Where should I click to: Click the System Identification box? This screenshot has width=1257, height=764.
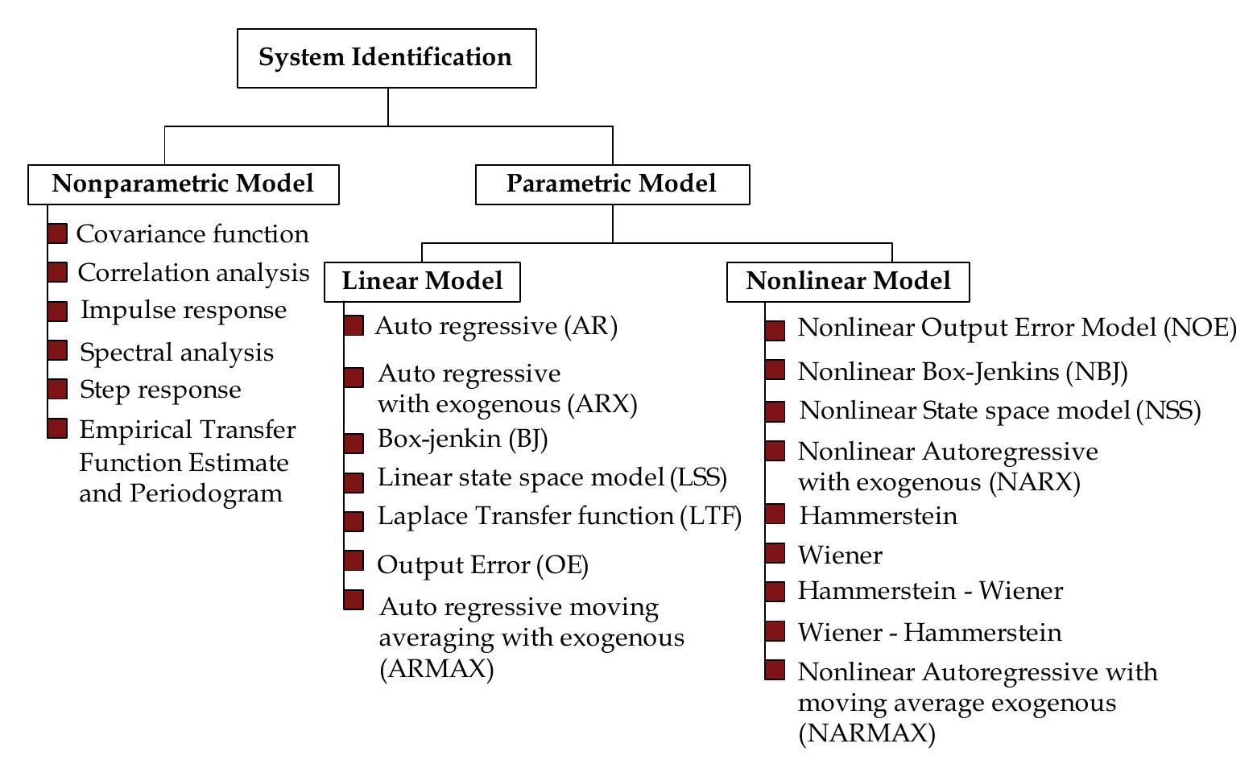pyautogui.click(x=387, y=58)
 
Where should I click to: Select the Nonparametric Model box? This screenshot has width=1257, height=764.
pyautogui.click(x=183, y=184)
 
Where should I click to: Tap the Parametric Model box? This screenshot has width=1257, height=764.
pyautogui.click(x=612, y=184)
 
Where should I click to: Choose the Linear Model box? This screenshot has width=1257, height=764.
pyautogui.click(x=422, y=282)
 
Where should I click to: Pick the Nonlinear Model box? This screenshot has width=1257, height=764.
pyautogui.click(x=848, y=282)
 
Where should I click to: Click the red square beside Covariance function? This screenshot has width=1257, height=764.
pyautogui.click(x=57, y=234)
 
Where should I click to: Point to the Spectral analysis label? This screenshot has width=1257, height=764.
pyautogui.click(x=176, y=353)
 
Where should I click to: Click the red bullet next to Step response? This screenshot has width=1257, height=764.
pyautogui.click(x=57, y=390)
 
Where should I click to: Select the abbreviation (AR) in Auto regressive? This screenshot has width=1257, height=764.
pyautogui.click(x=590, y=326)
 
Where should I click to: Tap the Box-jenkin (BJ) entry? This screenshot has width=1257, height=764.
pyautogui.click(x=462, y=440)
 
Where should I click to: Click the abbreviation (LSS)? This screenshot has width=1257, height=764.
pyautogui.click(x=698, y=477)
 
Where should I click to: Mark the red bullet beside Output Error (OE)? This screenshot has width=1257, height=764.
pyautogui.click(x=354, y=560)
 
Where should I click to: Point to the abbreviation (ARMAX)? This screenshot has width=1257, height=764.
pyautogui.click(x=436, y=669)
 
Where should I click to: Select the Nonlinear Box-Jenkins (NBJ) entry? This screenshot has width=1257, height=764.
pyautogui.click(x=962, y=372)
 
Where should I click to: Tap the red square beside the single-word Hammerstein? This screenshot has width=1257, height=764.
pyautogui.click(x=775, y=514)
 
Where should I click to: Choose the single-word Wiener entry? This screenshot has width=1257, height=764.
pyautogui.click(x=840, y=555)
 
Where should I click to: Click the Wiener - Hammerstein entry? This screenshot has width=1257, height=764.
pyautogui.click(x=929, y=633)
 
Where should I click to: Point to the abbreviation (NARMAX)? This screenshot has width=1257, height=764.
pyautogui.click(x=867, y=734)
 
